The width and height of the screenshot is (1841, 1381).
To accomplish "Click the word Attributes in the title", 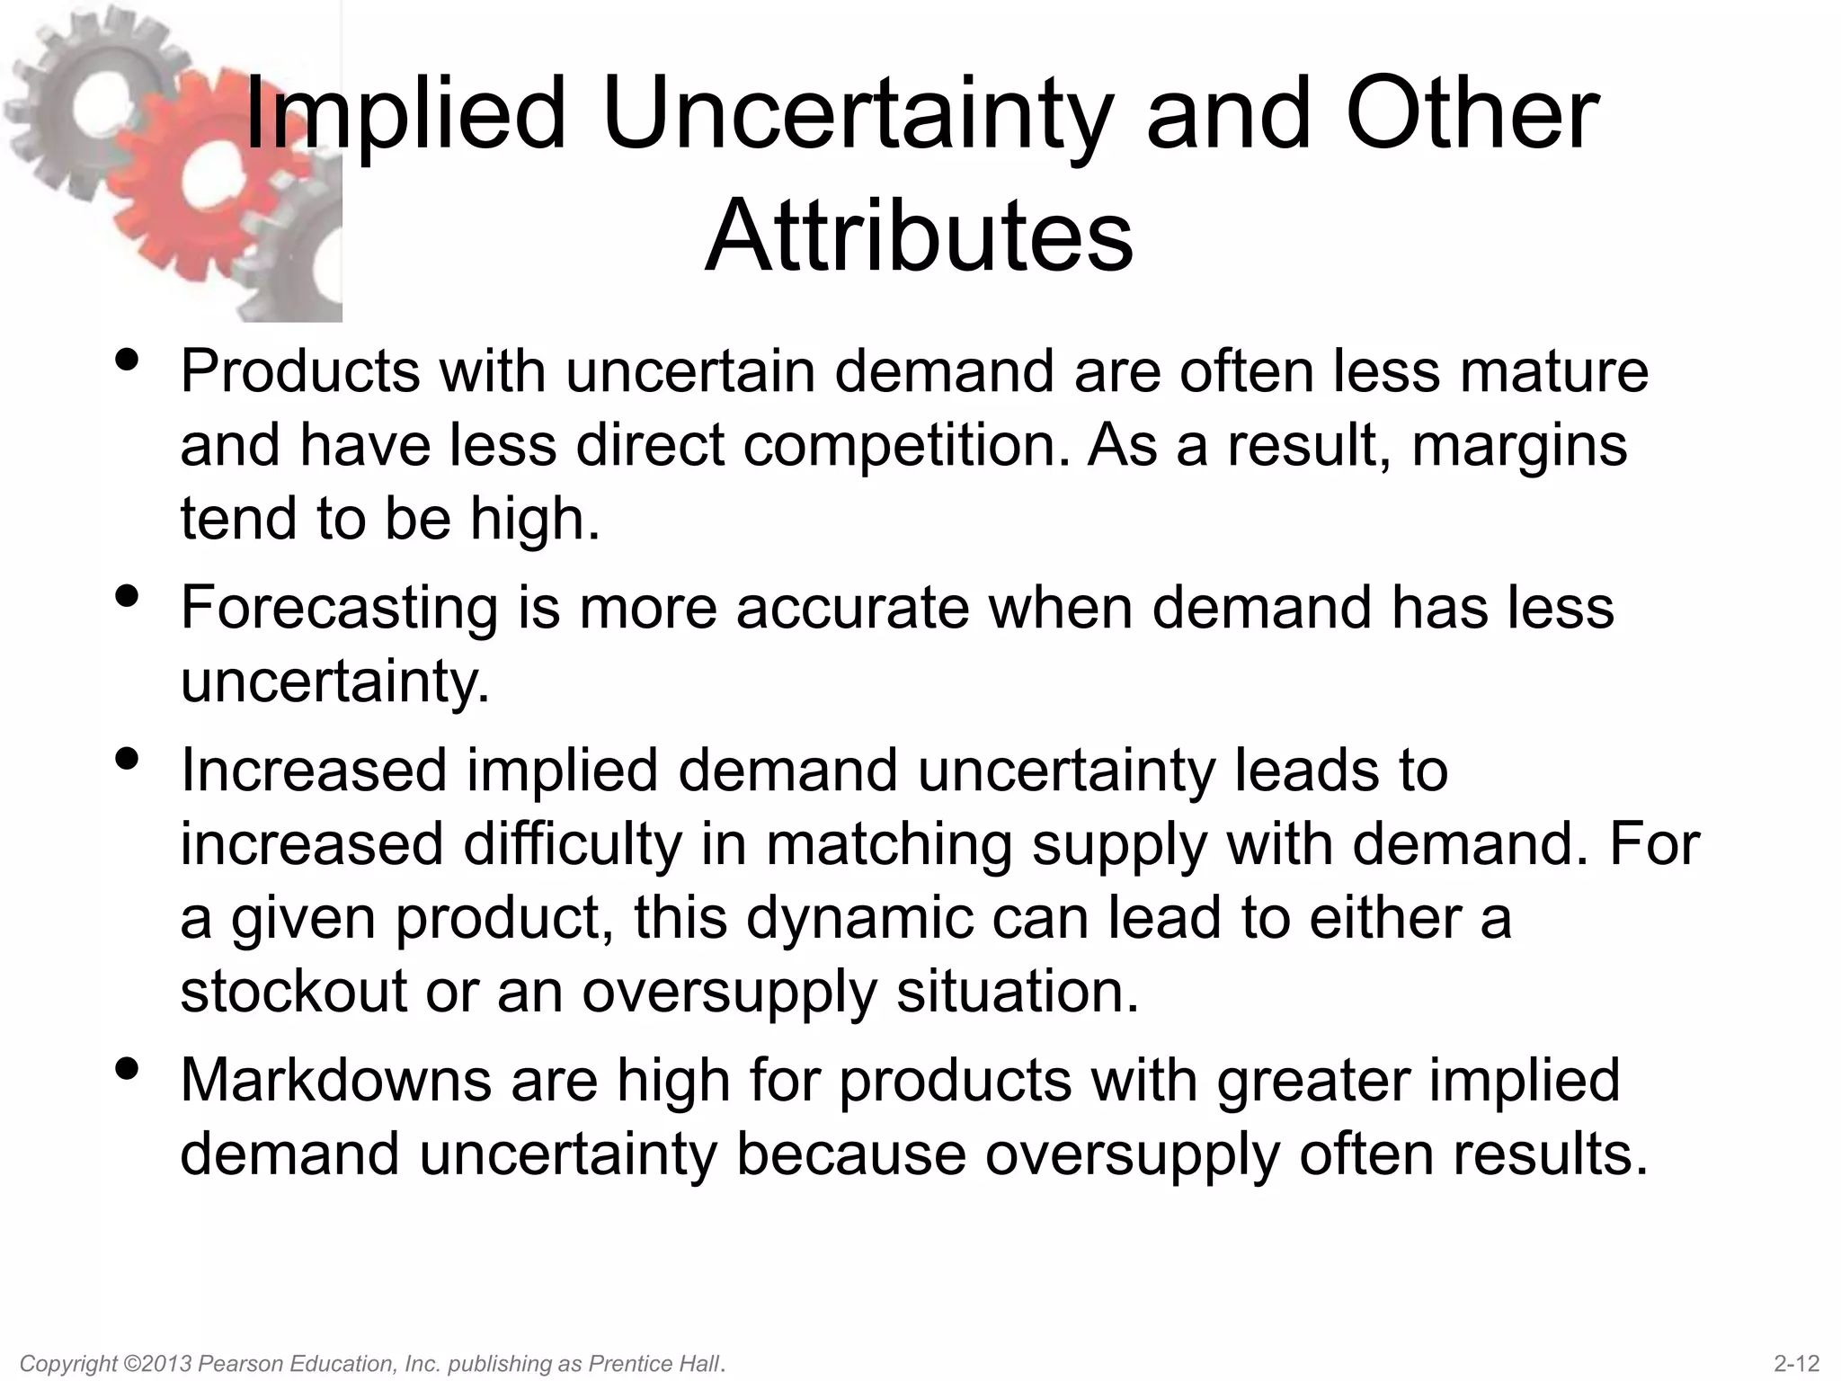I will [919, 236].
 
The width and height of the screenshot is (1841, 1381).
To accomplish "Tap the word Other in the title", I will [1472, 115].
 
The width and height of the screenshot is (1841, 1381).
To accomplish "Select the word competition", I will [907, 445].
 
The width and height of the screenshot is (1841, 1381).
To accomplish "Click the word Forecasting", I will [339, 609].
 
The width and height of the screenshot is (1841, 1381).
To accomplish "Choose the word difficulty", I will [572, 845].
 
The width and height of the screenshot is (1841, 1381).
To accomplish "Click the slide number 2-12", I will [1797, 1363].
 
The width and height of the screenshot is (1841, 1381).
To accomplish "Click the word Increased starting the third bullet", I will [314, 771].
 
